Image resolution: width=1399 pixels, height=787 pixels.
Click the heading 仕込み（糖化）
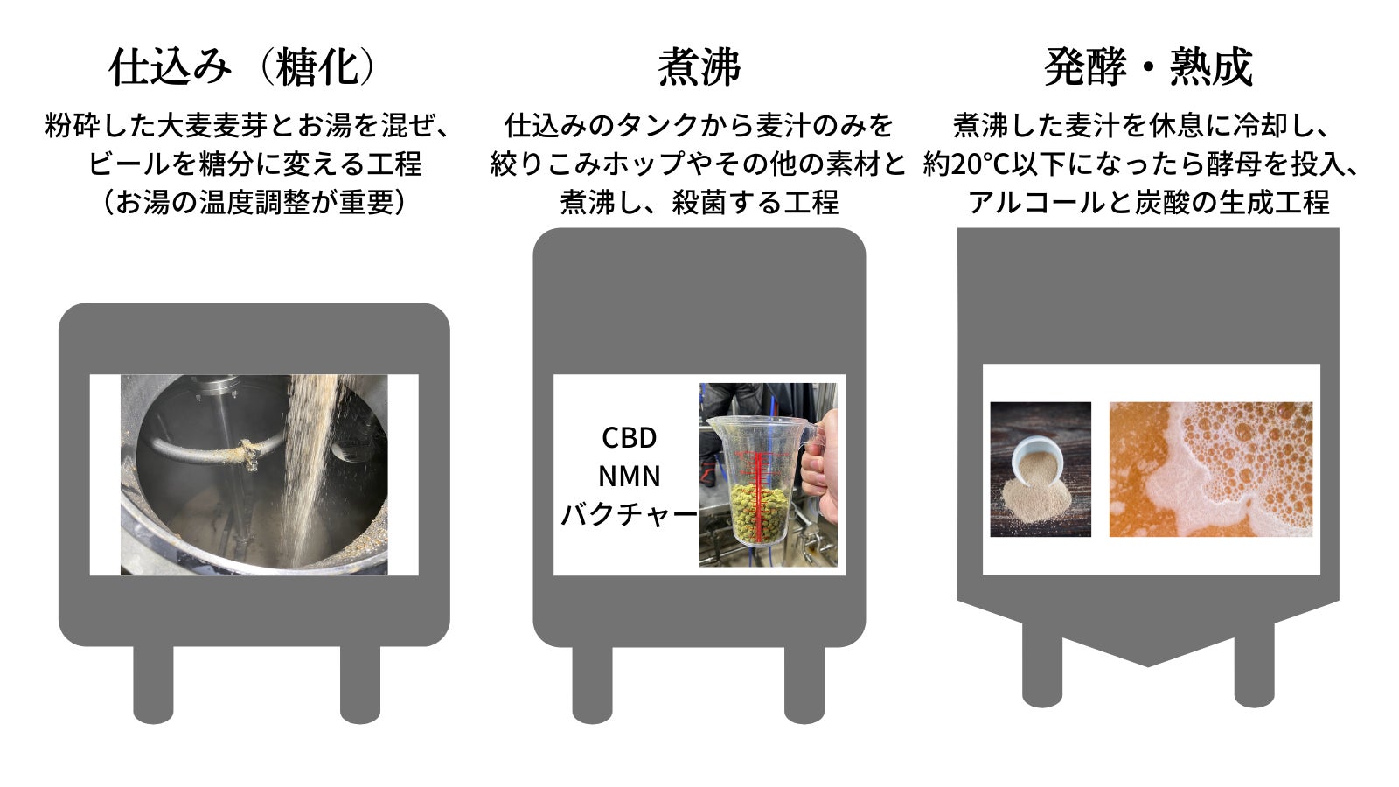(242, 67)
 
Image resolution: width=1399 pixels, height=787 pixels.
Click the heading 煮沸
(699, 67)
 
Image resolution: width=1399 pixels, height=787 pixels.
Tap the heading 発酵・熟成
(1148, 67)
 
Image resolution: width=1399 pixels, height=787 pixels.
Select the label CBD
(629, 438)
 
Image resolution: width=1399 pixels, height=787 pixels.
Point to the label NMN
(629, 477)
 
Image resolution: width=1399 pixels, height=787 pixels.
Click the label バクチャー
(629, 515)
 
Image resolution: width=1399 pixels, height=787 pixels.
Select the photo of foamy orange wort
(1210, 469)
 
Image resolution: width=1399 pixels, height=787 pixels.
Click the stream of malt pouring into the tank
(310, 469)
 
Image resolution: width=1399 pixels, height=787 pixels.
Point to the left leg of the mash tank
(153, 684)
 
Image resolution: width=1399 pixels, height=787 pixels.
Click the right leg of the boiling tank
(804, 684)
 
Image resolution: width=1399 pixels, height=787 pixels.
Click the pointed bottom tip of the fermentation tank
(1147, 665)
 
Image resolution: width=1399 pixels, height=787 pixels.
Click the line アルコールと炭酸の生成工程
(1148, 202)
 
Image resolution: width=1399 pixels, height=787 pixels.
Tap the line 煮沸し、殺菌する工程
(699, 202)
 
